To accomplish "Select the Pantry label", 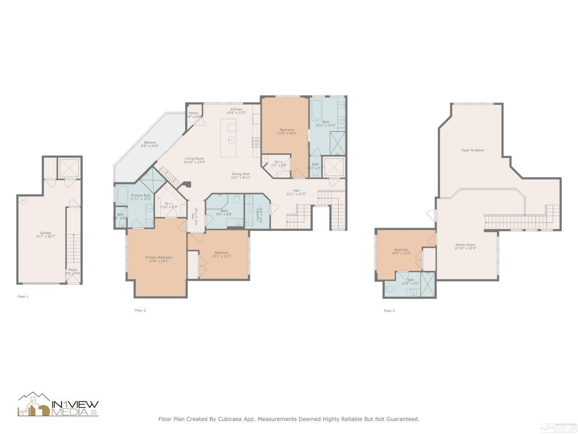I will click(193, 113).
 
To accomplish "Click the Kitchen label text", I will click(237, 109).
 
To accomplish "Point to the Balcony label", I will click(150, 142).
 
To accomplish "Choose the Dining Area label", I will click(240, 174).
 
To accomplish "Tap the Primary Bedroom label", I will click(158, 257).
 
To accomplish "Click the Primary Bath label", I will click(140, 195).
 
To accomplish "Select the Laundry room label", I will click(258, 211).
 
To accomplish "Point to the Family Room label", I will click(465, 245).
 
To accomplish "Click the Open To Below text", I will click(472, 150).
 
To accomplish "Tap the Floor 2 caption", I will click(140, 310).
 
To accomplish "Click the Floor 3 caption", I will click(389, 311).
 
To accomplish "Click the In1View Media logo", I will click(58, 405).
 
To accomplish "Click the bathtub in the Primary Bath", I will click(122, 195).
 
